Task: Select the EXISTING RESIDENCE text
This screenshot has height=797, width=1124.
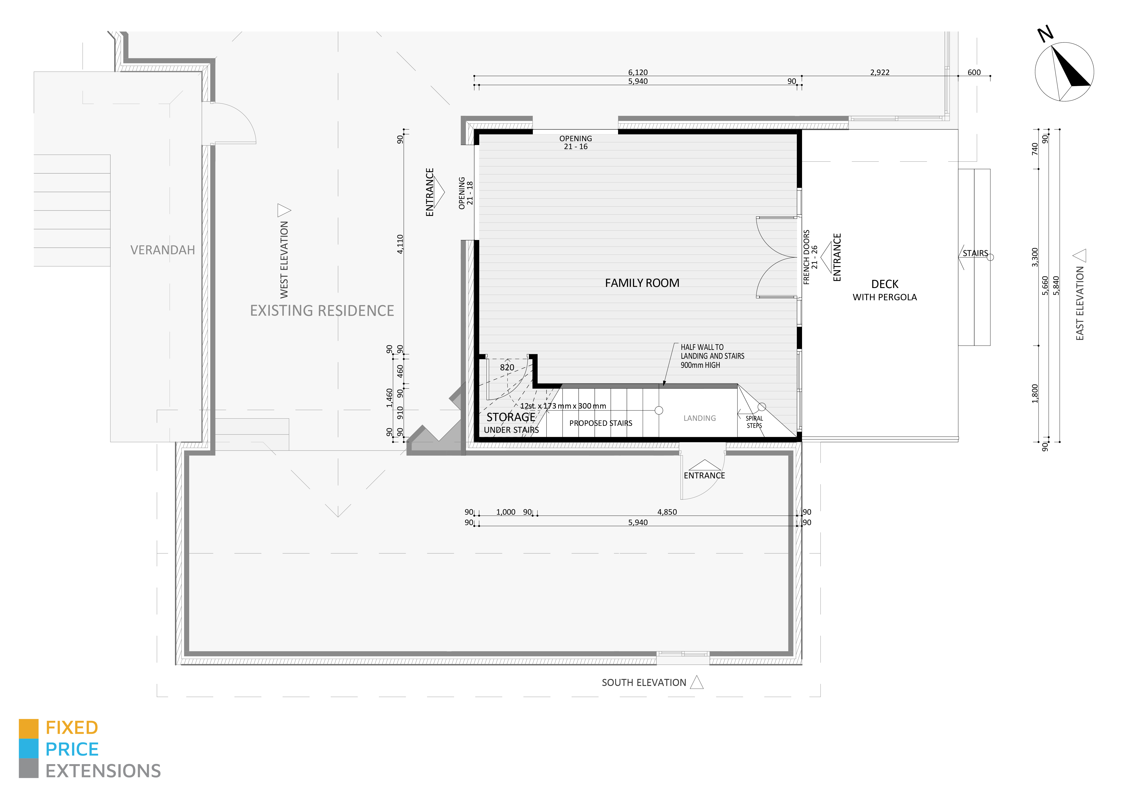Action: pos(322,311)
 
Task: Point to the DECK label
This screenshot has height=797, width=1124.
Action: pos(885,284)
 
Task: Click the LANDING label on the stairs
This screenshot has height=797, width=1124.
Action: pos(700,418)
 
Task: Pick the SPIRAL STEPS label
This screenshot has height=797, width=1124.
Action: pos(754,422)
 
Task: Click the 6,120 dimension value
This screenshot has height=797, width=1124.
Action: pos(638,72)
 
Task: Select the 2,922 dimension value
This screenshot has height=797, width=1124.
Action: pos(880,72)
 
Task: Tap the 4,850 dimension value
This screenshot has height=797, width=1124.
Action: pos(667,512)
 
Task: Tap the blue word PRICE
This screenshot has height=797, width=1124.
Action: pos(72,749)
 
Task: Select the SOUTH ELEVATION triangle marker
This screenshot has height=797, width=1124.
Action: pos(697,682)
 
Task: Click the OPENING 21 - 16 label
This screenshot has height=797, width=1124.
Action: pos(575,142)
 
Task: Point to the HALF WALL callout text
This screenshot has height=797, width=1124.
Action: pos(712,356)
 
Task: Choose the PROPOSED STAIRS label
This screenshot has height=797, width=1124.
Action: pos(600,423)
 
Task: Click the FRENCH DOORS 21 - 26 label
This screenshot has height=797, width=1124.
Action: pos(810,257)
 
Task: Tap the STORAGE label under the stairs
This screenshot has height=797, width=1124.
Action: pos(511,417)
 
